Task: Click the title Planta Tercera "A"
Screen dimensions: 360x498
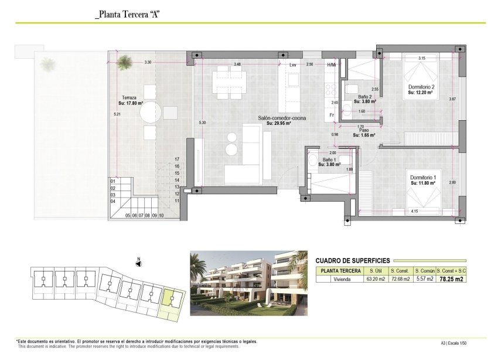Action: coord(127,13)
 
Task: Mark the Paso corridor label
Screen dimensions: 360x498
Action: coord(364,132)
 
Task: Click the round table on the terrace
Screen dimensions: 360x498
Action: coord(149,112)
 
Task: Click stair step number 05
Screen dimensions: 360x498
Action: coord(128,216)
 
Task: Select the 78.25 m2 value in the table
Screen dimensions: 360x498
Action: coord(452,279)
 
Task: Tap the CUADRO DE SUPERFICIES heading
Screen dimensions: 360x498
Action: coord(353,260)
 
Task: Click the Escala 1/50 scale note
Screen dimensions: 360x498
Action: coord(469,344)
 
